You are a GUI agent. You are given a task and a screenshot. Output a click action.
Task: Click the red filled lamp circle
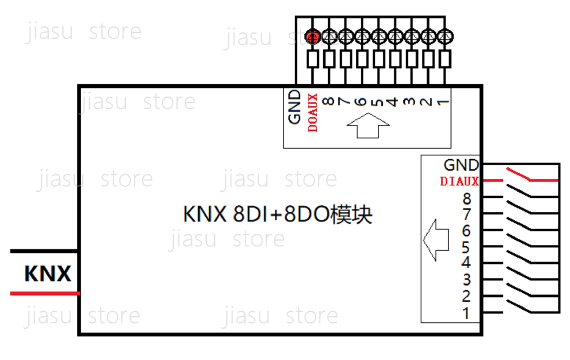coord(312,37)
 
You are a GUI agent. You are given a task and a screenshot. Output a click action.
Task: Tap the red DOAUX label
coord(313,113)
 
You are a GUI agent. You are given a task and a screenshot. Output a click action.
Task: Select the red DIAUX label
coord(459,181)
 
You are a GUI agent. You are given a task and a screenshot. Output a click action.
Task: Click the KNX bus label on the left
coord(47,274)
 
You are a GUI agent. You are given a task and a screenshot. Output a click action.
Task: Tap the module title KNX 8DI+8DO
coord(277,214)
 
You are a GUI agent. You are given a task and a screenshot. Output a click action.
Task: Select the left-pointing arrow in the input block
coord(436,240)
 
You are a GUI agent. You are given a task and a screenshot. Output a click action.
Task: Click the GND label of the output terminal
coord(294,107)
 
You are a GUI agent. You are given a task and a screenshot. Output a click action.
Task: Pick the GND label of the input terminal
coord(461,165)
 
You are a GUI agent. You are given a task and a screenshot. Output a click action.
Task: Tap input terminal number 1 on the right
coord(466,313)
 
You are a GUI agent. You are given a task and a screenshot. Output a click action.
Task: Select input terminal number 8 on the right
coord(467,198)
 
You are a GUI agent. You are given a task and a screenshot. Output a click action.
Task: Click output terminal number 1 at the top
coord(443,102)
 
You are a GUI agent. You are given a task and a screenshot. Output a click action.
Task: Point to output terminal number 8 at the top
coord(328,101)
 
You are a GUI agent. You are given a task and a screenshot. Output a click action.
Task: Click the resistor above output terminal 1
coord(445,59)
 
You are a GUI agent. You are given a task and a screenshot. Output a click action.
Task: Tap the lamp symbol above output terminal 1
coord(445,37)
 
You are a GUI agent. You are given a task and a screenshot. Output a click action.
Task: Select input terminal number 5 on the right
coord(466,247)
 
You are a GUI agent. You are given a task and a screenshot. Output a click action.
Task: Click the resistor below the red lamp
coord(312,59)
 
